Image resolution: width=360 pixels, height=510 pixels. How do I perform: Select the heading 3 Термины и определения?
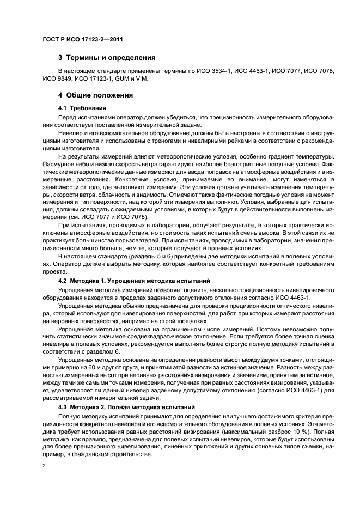click(x=107, y=57)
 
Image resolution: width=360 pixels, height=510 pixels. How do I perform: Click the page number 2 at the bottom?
click(x=44, y=466)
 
